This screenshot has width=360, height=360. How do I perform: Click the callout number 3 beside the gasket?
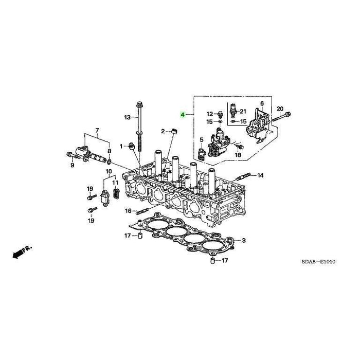point(244,240)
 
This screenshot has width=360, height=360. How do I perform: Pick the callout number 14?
point(261,176)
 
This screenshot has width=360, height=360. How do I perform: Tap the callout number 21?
point(243,112)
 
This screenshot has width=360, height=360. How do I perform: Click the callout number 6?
point(261,104)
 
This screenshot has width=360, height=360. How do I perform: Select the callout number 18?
point(238,155)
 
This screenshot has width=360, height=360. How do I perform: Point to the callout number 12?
point(209,114)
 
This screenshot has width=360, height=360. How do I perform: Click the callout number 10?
point(109,171)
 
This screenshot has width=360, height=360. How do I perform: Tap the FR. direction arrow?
point(22,252)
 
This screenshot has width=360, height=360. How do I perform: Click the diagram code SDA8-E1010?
point(318,262)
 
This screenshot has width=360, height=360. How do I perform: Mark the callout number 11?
point(115,183)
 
